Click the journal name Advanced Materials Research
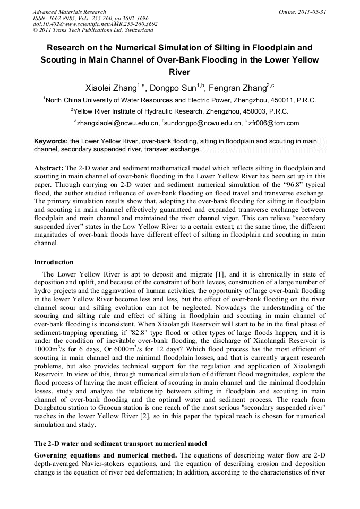(69, 12)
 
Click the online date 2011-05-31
(313, 12)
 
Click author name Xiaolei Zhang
(111, 88)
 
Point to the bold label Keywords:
(51, 141)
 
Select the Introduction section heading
(54, 262)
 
